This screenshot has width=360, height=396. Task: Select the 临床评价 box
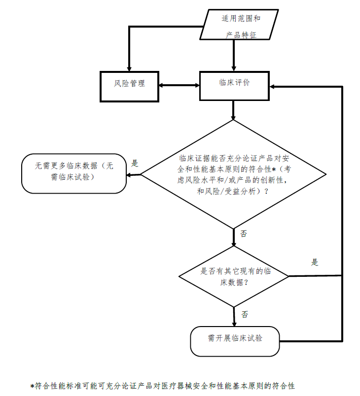click(x=234, y=85)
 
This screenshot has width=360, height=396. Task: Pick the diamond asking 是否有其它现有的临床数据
click(x=234, y=276)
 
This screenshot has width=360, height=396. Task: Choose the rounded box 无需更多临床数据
click(x=74, y=173)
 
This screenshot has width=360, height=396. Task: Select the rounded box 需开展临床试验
click(x=234, y=339)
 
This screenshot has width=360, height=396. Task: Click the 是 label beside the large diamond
click(x=134, y=163)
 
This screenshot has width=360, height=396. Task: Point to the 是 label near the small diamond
click(x=314, y=262)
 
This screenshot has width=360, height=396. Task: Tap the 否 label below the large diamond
click(x=243, y=233)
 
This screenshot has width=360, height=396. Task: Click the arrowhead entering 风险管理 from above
click(x=129, y=67)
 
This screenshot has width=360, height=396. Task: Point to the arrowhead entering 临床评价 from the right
click(x=274, y=87)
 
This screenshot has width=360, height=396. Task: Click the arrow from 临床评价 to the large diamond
click(x=234, y=110)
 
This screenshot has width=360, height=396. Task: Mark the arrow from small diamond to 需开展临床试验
click(x=234, y=313)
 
